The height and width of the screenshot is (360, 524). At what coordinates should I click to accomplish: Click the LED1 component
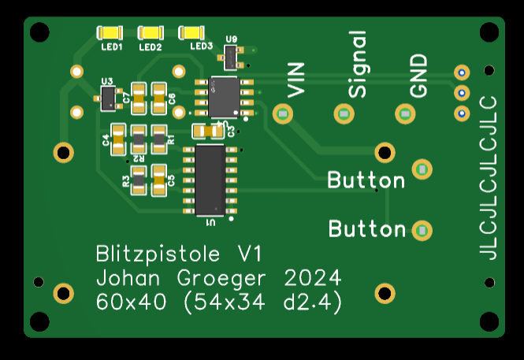[110, 33]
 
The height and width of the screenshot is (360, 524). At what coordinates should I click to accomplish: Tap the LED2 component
[151, 33]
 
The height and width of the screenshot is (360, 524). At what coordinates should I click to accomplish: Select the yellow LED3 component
[191, 33]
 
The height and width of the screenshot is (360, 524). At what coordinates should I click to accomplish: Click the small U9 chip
[232, 57]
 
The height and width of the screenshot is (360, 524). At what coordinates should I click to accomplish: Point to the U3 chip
[107, 98]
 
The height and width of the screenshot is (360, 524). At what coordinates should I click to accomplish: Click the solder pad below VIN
[282, 115]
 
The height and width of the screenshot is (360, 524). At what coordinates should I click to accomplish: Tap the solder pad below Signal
[344, 115]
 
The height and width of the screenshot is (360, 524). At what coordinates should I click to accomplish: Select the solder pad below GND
[405, 115]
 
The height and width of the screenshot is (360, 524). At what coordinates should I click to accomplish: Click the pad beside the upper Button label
[422, 169]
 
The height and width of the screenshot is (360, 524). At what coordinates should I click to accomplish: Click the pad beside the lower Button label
[422, 231]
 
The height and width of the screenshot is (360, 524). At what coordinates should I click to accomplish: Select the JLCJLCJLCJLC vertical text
[489, 177]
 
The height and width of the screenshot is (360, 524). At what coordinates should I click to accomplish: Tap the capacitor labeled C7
[139, 98]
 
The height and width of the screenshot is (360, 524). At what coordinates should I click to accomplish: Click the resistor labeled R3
[139, 180]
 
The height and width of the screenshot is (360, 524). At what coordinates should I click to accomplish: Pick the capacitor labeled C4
[118, 139]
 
